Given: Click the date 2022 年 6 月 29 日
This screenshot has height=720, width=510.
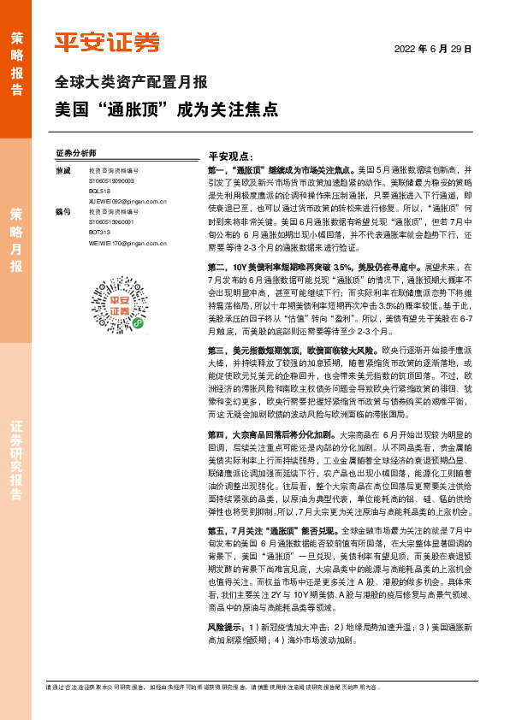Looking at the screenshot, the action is (x=433, y=49).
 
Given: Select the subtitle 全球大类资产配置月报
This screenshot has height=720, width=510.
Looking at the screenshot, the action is (x=131, y=84).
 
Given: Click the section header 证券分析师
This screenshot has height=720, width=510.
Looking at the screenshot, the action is (x=99, y=153).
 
